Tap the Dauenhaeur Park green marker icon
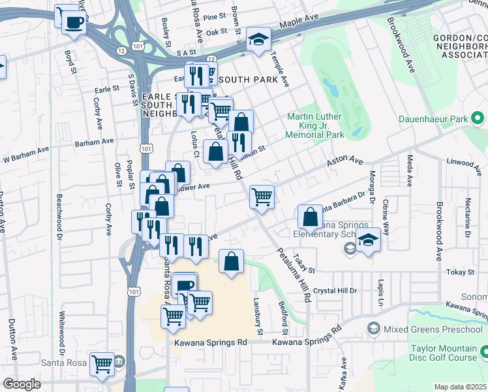click(x=478, y=118)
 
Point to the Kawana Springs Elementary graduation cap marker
click(x=369, y=240)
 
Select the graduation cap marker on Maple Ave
click(x=258, y=39)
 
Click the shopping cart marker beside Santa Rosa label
click(x=102, y=365)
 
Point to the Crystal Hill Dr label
click(x=335, y=291)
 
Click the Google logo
click(x=22, y=384)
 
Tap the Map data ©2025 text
click(x=460, y=387)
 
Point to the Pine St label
click(x=214, y=16)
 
